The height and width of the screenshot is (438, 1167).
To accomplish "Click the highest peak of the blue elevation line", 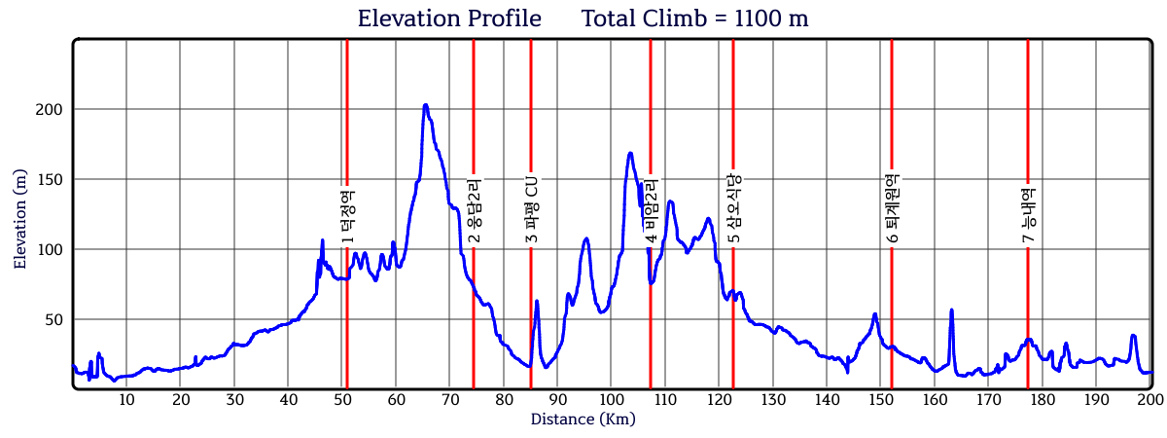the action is (426, 106).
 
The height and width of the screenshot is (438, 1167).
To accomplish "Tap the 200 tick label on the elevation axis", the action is (49, 110).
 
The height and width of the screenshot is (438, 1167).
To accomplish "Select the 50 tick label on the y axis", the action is (53, 320).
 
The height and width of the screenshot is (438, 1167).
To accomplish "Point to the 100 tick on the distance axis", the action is (611, 400).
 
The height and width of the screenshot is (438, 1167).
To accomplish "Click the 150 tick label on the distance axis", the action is (880, 400).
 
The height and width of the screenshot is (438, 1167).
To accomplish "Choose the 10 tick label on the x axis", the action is (126, 400).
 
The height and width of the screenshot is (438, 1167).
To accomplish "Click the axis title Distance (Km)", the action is (583, 420).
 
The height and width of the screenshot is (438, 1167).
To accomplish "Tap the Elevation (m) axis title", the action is (19, 219).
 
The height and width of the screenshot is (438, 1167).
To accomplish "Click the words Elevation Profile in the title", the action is (449, 18).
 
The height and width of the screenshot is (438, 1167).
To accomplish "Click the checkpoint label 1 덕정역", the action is (347, 217).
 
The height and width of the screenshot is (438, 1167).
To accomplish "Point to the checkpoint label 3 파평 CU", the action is (531, 209).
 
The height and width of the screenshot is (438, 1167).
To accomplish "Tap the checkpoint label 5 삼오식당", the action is (733, 208).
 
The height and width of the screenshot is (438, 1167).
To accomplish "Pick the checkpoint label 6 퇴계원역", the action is (893, 208).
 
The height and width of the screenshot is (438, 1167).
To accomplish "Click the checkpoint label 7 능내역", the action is (1029, 215).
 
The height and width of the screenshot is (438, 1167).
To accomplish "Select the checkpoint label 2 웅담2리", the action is (475, 211).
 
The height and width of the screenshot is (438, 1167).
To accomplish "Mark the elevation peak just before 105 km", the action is (630, 154).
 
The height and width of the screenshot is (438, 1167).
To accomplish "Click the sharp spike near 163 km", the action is (951, 310).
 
